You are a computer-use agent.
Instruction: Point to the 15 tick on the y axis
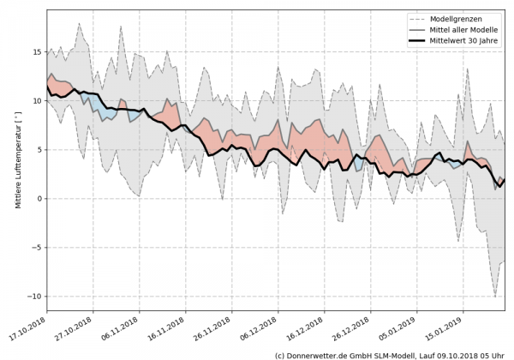pos(37,52)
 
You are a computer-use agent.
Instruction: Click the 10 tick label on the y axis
pos(37,101)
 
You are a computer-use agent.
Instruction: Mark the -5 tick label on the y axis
pos(37,248)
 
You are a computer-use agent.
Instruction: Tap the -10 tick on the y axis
pos(35,297)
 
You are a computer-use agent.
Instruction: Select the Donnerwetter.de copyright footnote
pos(390,354)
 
